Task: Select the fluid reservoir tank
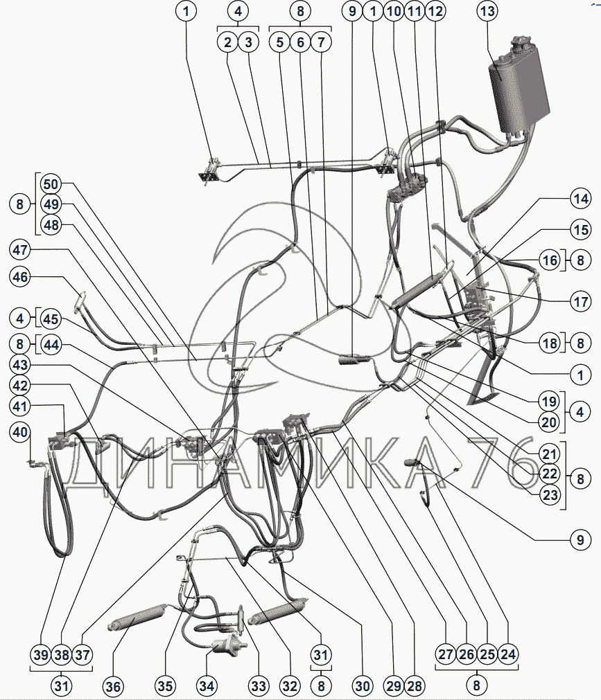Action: click(518, 87)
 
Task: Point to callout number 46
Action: click(21, 277)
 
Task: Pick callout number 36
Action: click(113, 686)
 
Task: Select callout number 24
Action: click(507, 653)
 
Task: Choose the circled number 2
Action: click(227, 42)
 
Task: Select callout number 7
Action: click(321, 42)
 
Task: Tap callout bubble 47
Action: click(21, 249)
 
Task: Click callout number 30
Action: click(361, 686)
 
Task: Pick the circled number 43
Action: click(21, 365)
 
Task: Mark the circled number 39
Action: click(42, 653)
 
